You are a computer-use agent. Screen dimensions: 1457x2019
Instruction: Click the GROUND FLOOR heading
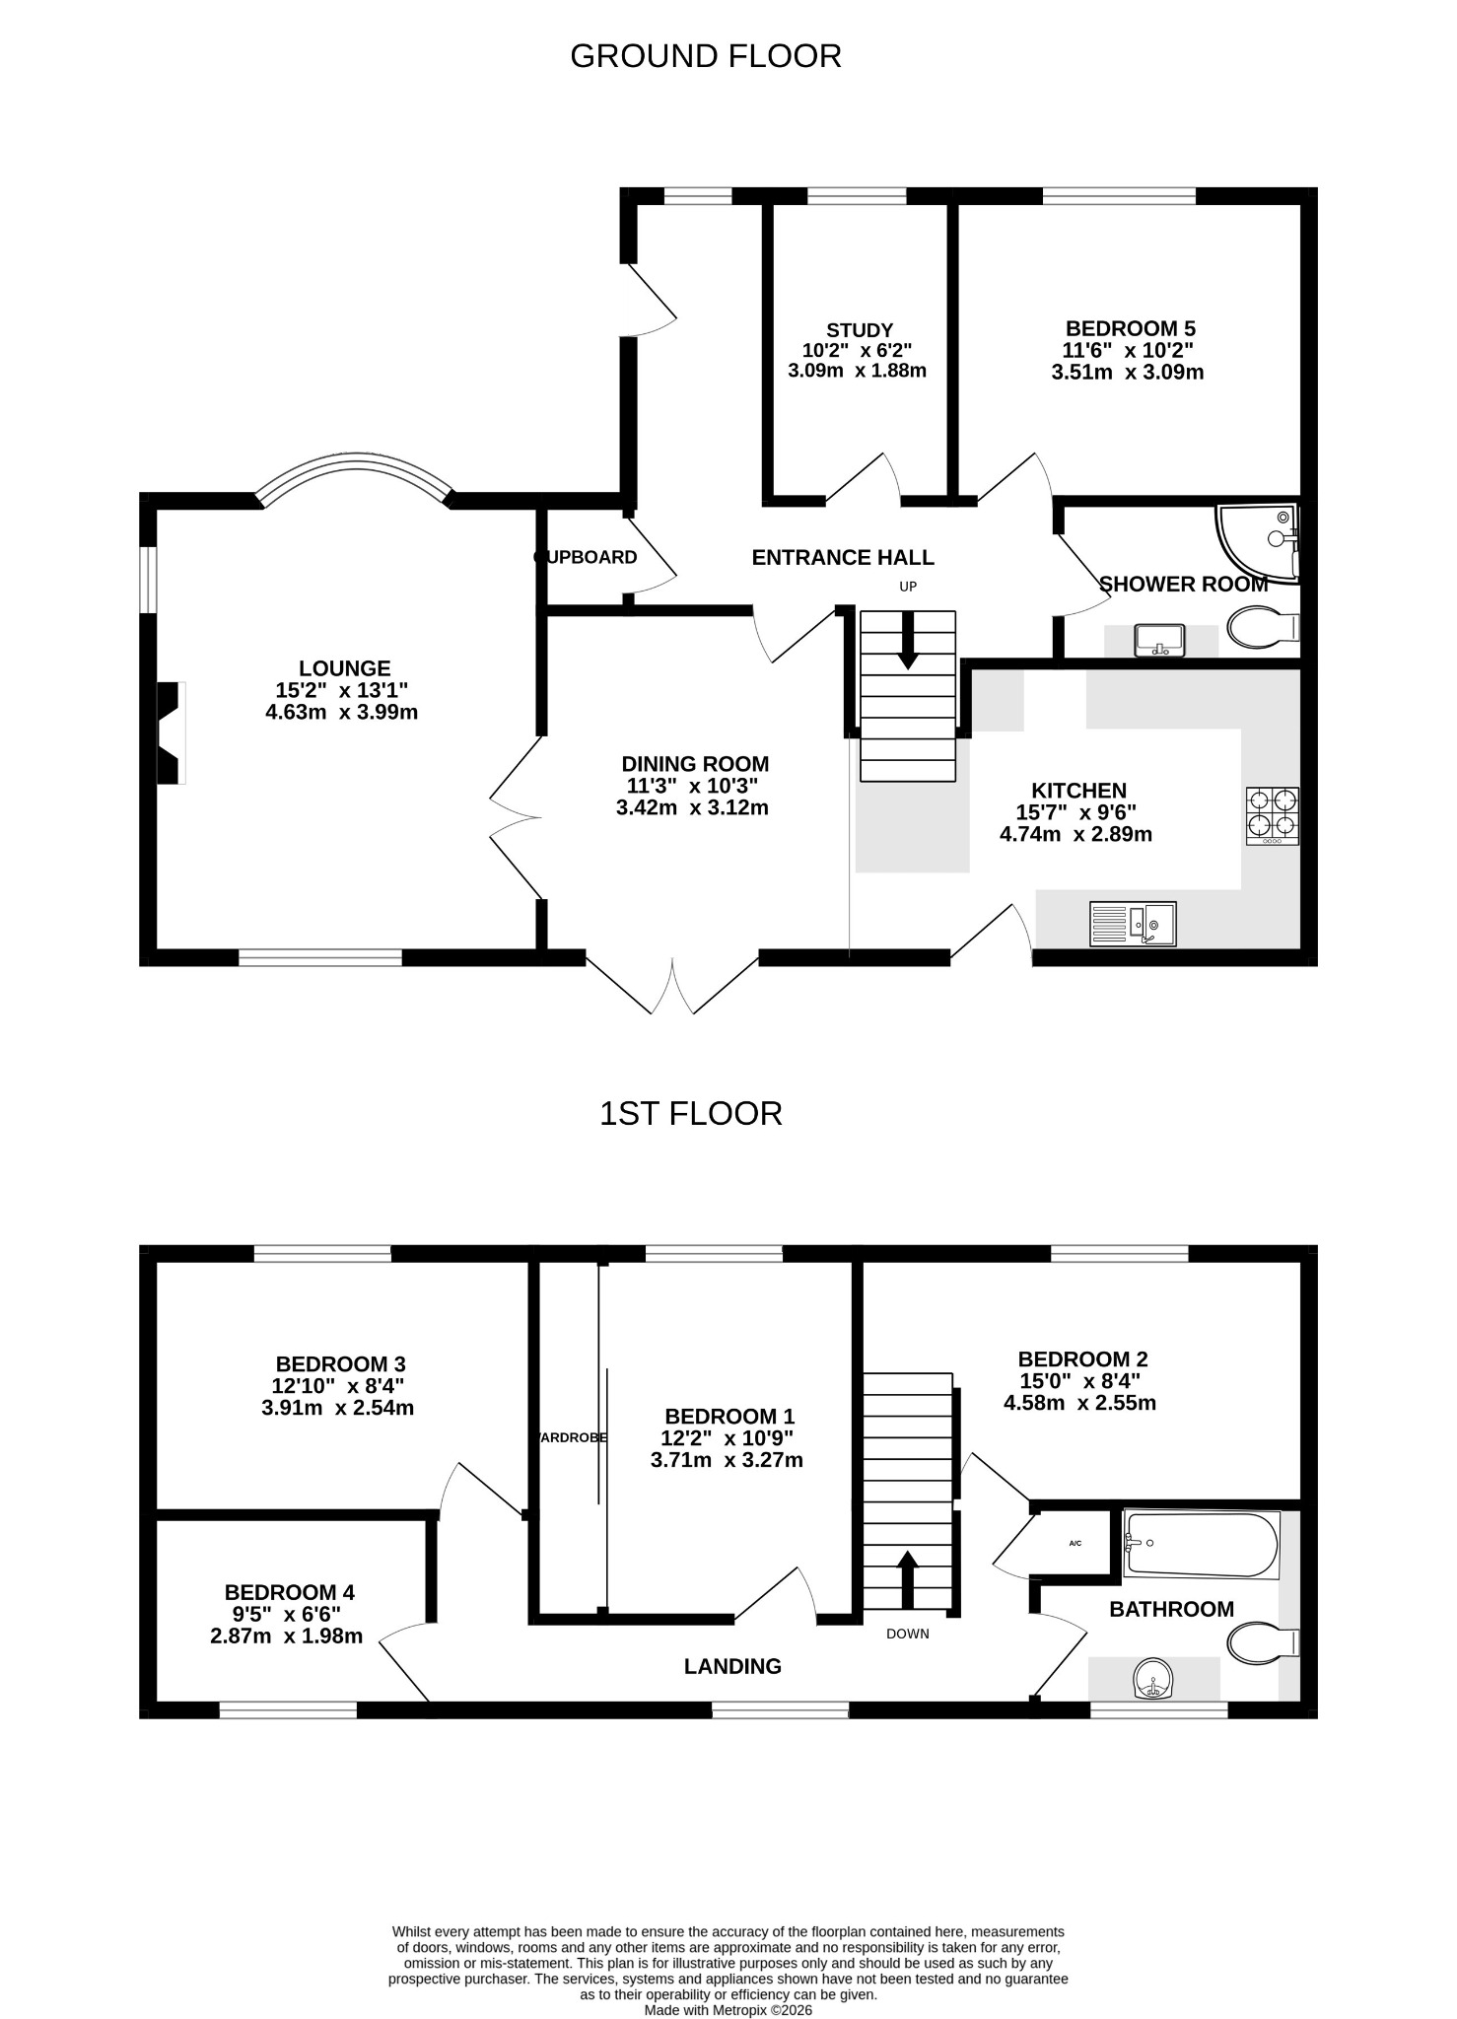[706, 56]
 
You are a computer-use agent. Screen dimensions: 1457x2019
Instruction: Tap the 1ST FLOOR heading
[691, 1114]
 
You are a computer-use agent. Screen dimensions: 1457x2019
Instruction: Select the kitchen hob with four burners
[1273, 815]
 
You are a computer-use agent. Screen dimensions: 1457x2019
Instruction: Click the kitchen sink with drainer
[1133, 924]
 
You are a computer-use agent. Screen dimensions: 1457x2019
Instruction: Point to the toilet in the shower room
[1264, 627]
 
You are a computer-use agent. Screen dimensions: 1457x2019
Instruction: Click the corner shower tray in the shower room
[1259, 544]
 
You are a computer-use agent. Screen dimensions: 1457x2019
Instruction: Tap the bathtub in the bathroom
[1202, 1544]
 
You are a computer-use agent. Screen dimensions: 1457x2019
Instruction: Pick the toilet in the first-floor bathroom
[1264, 1642]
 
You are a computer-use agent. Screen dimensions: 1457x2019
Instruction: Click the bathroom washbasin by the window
[1153, 1680]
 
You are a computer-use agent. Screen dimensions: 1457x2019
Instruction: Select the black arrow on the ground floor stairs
[908, 640]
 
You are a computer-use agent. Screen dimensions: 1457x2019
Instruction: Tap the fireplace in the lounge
[172, 733]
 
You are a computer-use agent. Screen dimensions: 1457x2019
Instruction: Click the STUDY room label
[860, 330]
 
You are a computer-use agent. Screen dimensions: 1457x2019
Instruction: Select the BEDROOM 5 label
[1131, 328]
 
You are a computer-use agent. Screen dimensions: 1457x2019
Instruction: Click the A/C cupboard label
[1075, 1543]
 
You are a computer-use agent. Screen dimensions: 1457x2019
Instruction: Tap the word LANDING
[732, 1666]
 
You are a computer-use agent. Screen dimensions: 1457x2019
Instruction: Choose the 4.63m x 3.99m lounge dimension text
[342, 712]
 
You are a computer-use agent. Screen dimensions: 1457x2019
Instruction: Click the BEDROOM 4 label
[290, 1592]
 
